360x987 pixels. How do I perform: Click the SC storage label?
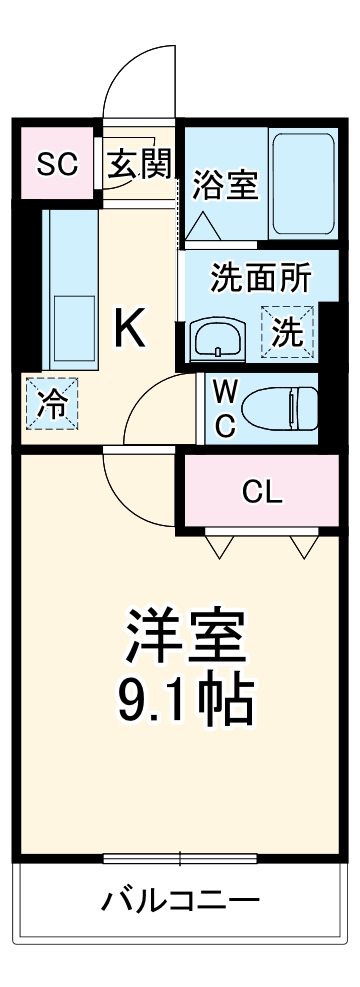tap(57, 163)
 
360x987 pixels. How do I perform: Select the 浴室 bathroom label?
tap(227, 187)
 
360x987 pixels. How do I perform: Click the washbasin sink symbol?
tap(217, 339)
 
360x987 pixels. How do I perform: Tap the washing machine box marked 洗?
tap(287, 330)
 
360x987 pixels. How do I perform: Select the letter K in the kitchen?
tap(130, 328)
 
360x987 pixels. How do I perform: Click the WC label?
tap(224, 406)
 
